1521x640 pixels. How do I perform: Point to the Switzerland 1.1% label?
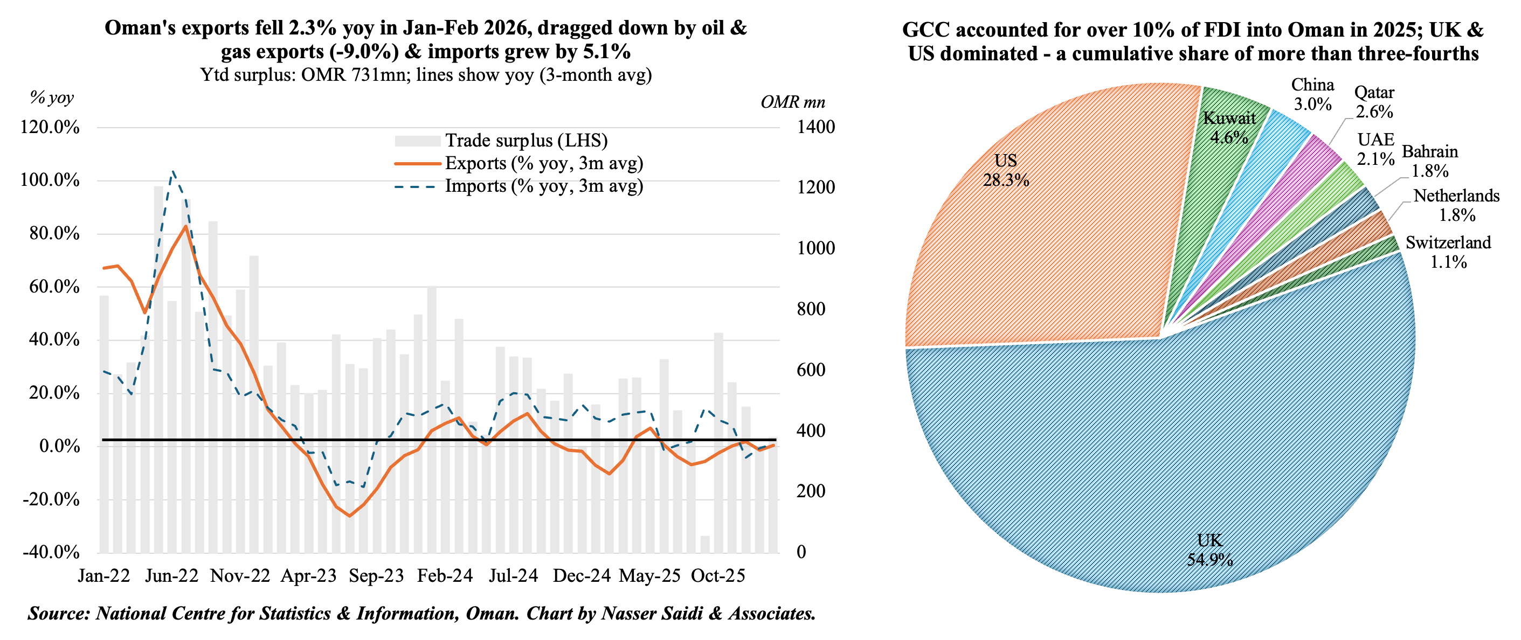tap(1448, 252)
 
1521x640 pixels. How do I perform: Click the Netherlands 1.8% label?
tap(1456, 205)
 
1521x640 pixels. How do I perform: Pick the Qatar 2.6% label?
tap(1374, 102)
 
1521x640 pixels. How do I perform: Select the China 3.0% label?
tap(1312, 94)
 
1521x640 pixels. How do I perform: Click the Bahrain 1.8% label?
tap(1429, 161)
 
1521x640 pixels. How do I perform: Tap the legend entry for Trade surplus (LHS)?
tap(526, 141)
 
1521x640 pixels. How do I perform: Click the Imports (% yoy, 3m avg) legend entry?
tap(543, 186)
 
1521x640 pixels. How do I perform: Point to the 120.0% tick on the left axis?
tap(50, 127)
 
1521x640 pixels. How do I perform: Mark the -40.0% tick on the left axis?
tap(51, 552)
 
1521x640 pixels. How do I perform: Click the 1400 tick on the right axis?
tap(815, 127)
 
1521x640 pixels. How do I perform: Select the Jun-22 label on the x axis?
tap(172, 576)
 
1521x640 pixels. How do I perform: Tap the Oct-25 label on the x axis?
tap(718, 576)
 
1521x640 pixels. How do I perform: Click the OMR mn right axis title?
tap(792, 102)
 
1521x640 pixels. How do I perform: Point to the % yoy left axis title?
tap(52, 98)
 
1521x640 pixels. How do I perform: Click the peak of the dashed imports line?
tap(173, 172)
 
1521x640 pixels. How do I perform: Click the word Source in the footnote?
tap(58, 614)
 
